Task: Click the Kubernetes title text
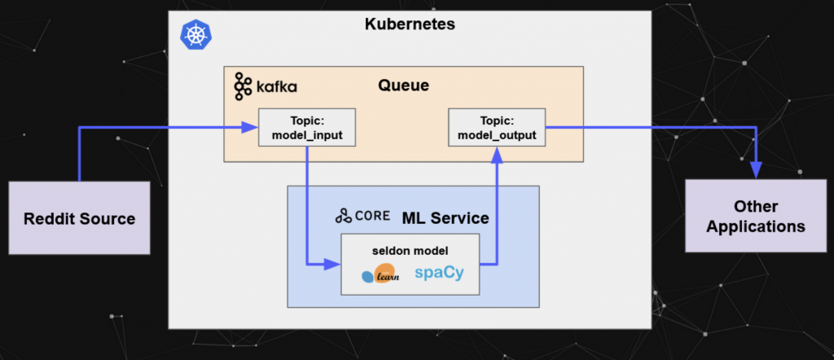(x=409, y=24)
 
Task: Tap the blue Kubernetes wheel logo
(x=194, y=34)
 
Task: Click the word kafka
(x=275, y=86)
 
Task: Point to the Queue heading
(x=403, y=86)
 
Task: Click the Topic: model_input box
(x=307, y=127)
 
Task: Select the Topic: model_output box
(x=497, y=127)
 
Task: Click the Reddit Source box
(x=79, y=218)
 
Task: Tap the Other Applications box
(x=756, y=217)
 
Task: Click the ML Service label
(x=446, y=217)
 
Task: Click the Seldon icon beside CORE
(x=344, y=217)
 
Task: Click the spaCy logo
(x=439, y=273)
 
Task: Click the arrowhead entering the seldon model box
(x=333, y=264)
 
